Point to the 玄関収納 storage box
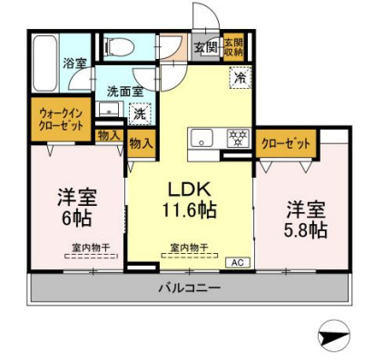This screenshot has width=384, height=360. point(233,47)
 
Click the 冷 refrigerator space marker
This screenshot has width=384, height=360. point(239,78)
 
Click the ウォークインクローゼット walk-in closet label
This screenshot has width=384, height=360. point(61,120)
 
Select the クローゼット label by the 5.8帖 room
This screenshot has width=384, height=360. point(286,143)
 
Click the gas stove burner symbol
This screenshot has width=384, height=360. point(238,138)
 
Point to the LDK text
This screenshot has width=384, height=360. point(190,190)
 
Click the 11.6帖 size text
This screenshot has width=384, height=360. point(190,211)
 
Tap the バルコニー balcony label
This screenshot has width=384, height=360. point(190,288)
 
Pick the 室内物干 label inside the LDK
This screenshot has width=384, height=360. point(190,246)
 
